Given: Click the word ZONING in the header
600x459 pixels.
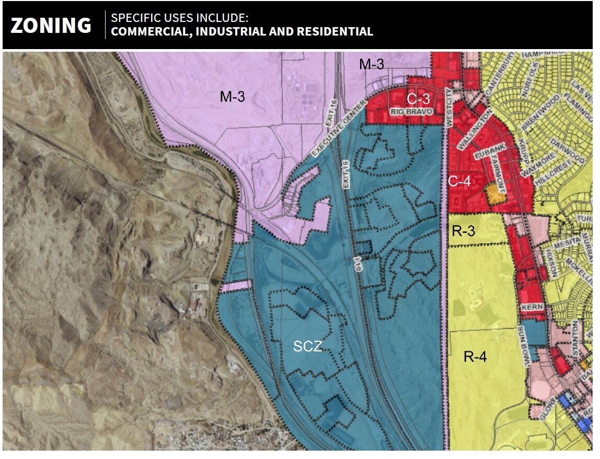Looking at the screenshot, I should tap(51, 25).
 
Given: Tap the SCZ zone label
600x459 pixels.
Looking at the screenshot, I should tap(307, 346).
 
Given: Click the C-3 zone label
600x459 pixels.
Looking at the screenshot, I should tap(419, 98).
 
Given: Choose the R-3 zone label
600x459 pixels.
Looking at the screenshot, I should tap(464, 230).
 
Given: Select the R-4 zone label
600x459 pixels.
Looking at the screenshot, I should tap(475, 357).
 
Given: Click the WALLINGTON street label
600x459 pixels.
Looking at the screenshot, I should tap(475, 130).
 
